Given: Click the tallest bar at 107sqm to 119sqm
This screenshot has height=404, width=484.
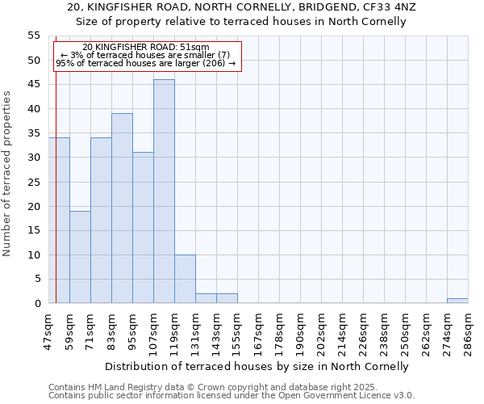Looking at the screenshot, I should [164, 191].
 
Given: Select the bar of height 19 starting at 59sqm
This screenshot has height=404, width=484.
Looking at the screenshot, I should [80, 257].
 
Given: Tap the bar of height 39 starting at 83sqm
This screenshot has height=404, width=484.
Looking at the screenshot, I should [122, 208].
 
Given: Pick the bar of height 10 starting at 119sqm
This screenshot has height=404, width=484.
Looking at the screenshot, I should [185, 279].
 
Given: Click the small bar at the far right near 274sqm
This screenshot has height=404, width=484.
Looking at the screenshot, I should [457, 301].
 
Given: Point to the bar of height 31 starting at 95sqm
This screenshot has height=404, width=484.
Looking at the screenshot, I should [143, 228].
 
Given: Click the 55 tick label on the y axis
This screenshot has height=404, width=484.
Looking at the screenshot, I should [34, 36].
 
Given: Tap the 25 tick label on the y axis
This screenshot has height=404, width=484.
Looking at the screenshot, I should [34, 182].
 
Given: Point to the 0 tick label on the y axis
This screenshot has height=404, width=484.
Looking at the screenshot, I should [37, 304].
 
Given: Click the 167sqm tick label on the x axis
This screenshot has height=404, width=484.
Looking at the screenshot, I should [258, 330].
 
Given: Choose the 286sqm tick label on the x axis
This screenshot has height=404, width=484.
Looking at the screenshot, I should [468, 330].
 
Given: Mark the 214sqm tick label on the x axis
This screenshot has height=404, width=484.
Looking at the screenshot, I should [342, 330].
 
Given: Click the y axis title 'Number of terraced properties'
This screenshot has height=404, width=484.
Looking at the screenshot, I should [7, 173].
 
